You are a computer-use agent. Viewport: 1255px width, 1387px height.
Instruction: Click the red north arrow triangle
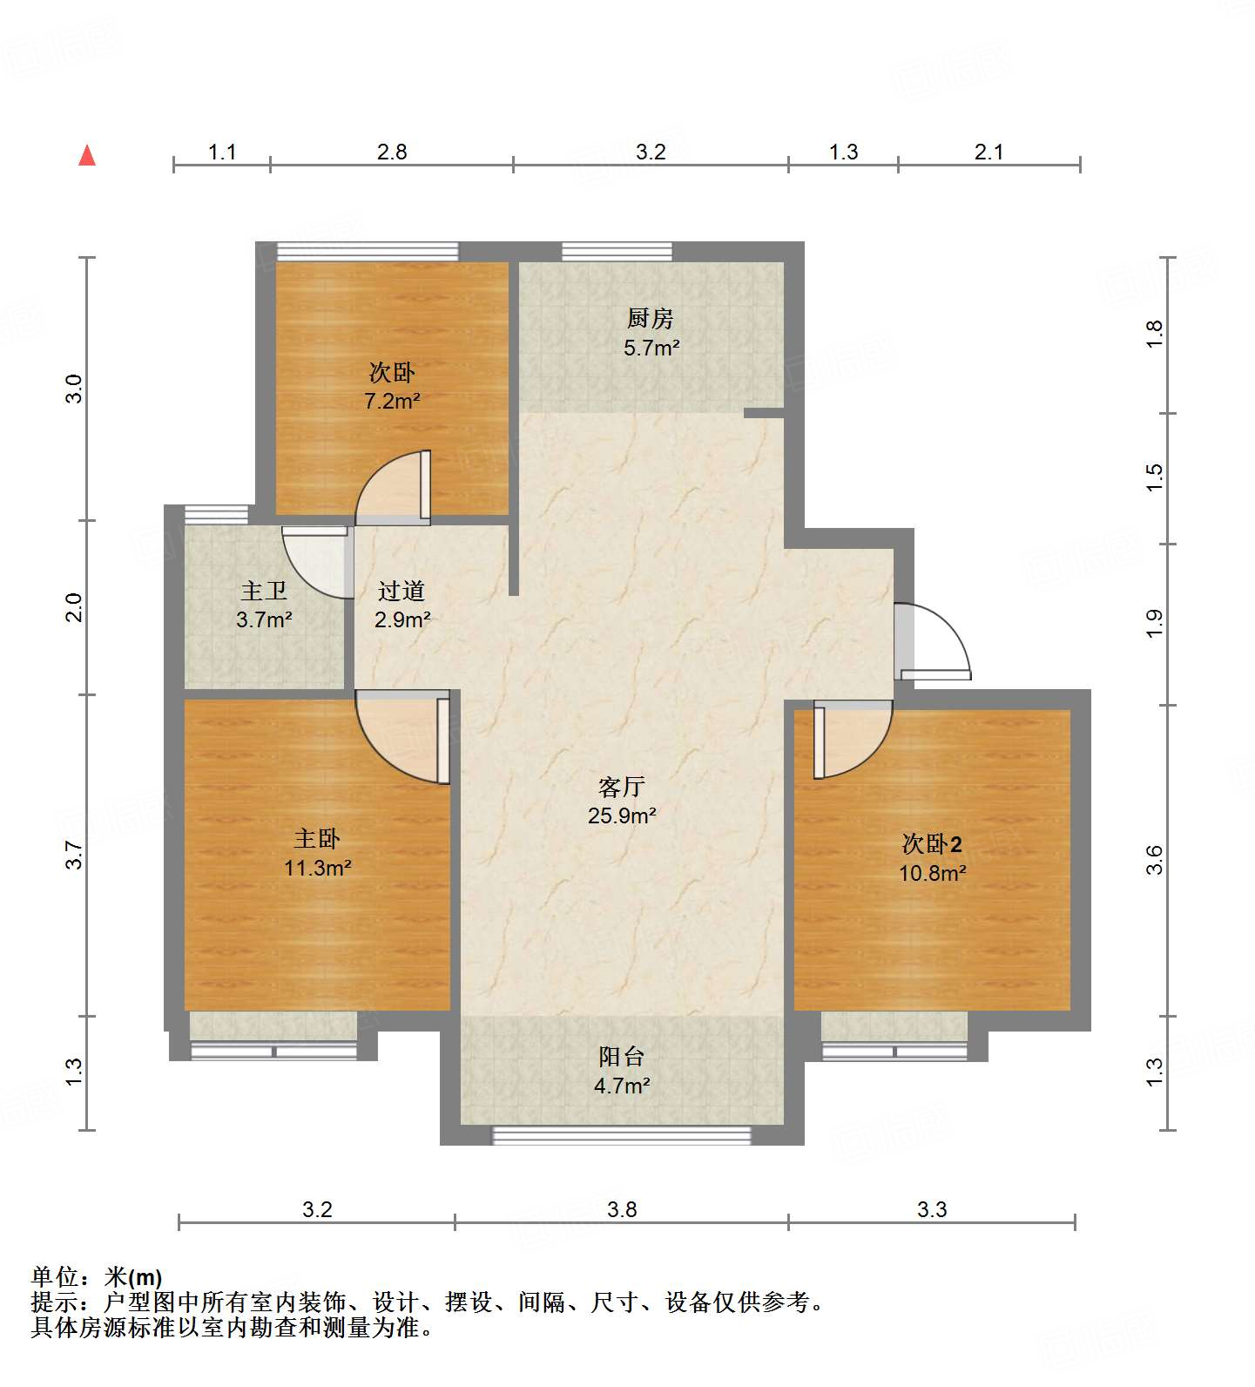click(x=87, y=155)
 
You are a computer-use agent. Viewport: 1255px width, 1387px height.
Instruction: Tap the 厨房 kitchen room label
click(x=650, y=319)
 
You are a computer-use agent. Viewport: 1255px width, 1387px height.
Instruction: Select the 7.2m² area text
click(x=392, y=402)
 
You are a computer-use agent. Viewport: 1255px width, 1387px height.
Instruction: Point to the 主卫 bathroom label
click(x=264, y=592)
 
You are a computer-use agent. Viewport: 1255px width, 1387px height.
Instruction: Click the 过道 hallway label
click(x=401, y=592)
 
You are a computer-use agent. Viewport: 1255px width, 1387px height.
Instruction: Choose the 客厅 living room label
click(x=621, y=788)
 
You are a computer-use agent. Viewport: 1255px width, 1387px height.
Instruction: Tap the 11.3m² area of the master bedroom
click(x=317, y=868)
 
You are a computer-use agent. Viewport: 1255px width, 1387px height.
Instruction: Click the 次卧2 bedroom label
click(x=932, y=843)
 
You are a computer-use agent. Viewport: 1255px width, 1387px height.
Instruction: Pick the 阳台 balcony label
click(x=621, y=1057)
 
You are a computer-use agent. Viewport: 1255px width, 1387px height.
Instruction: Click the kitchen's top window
click(x=617, y=251)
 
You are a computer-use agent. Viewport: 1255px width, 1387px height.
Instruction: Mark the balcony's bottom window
click(x=622, y=1135)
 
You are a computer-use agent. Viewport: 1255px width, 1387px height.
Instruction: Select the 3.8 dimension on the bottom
click(x=622, y=1209)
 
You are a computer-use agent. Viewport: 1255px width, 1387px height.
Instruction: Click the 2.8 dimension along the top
click(x=392, y=152)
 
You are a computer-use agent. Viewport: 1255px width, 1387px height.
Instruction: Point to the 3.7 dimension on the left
click(x=75, y=855)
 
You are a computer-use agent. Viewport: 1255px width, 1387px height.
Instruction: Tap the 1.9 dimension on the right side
click(x=1154, y=624)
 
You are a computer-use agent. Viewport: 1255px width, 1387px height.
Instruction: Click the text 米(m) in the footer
click(x=132, y=1277)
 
